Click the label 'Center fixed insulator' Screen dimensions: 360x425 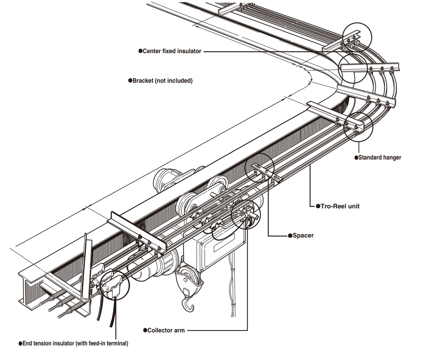[x=172, y=51]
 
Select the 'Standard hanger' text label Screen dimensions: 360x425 [x=379, y=158]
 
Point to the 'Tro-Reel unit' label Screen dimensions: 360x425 [x=337, y=206]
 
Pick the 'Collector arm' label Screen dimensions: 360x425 [x=165, y=330]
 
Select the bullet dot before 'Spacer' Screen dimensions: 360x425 [x=289, y=236]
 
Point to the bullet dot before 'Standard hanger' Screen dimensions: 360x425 [x=356, y=158]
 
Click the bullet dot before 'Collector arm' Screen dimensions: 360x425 [x=145, y=330]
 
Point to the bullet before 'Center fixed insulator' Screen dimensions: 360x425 [x=140, y=51]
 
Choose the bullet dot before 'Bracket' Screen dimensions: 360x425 [x=130, y=81]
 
